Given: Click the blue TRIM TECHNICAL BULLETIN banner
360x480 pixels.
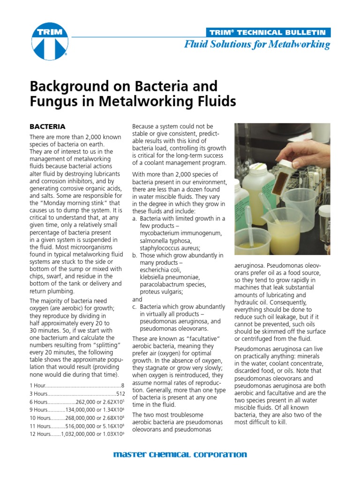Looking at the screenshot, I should [x=268, y=32].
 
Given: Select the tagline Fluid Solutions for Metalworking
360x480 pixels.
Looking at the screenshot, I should [x=257, y=45].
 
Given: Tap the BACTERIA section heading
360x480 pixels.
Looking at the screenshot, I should [x=47, y=127].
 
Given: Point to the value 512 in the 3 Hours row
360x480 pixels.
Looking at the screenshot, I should [x=120, y=393].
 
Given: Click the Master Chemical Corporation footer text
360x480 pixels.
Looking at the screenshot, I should [x=180, y=454].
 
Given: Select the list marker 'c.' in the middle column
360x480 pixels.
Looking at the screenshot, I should [x=135, y=307].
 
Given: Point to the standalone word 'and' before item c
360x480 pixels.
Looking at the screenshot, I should [x=137, y=299].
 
